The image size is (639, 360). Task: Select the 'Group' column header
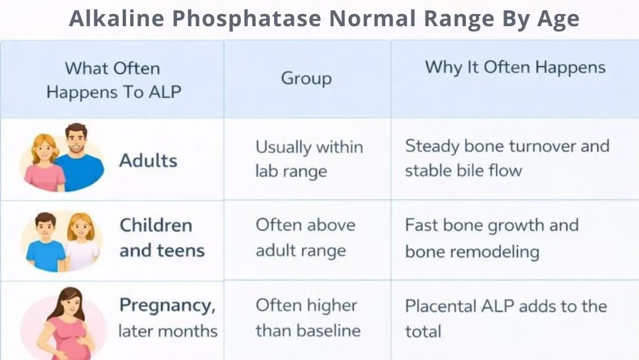(306, 79)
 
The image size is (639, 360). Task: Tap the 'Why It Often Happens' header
(515, 67)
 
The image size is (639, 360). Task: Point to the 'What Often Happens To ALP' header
(113, 79)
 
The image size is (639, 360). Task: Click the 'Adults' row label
(148, 160)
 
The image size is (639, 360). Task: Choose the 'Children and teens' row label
(161, 237)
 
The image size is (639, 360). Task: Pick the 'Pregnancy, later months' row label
(167, 318)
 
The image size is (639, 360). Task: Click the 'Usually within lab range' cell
(309, 159)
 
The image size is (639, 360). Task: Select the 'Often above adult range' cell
(305, 237)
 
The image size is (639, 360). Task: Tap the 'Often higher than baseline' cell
(307, 318)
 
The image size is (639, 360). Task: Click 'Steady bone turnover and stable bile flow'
(506, 158)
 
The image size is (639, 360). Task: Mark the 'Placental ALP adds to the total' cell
(505, 318)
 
